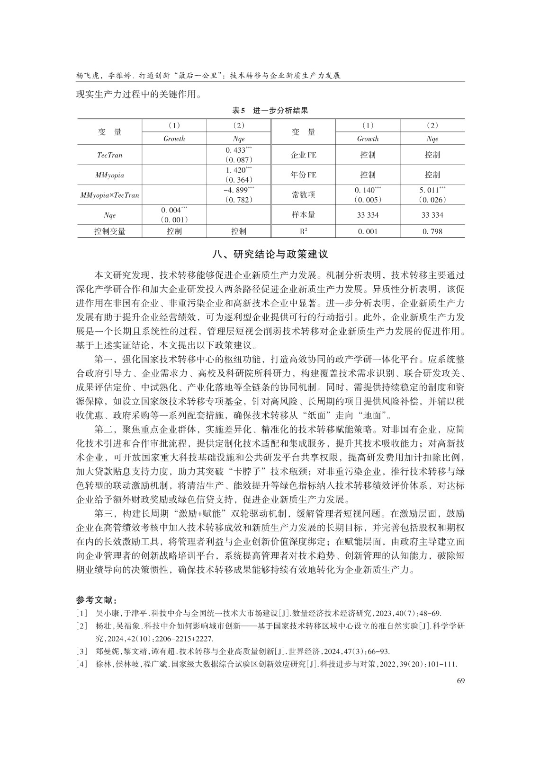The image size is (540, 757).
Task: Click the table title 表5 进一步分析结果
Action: [x=270, y=111]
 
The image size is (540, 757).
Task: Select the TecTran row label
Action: [x=109, y=155]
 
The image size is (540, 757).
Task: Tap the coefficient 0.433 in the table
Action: [x=239, y=150]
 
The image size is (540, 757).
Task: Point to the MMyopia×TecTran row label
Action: [x=109, y=194]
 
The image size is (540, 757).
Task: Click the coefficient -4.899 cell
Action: [x=239, y=190]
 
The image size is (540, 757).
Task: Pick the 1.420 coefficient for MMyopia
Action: [x=239, y=170]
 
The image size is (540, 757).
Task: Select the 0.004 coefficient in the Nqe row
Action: [x=174, y=210]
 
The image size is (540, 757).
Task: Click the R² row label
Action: [x=303, y=231]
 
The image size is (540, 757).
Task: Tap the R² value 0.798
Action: [x=432, y=231]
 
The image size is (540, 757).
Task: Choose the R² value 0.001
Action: [x=368, y=231]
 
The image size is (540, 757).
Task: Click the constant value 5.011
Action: [x=432, y=190]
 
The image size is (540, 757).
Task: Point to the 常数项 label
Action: [x=303, y=194]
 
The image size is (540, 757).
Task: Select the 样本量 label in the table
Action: [x=303, y=214]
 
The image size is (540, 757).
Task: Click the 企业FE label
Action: [x=303, y=155]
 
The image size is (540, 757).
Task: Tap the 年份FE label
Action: [x=303, y=175]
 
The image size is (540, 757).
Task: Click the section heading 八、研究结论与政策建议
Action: [x=270, y=254]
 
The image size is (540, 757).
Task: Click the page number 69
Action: [x=460, y=680]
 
